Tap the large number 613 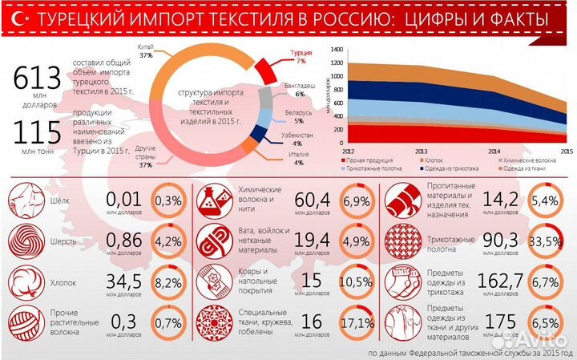coord(38,79)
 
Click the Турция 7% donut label coord(300,57)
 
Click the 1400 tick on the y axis coord(337,50)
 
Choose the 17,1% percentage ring coord(357,324)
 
